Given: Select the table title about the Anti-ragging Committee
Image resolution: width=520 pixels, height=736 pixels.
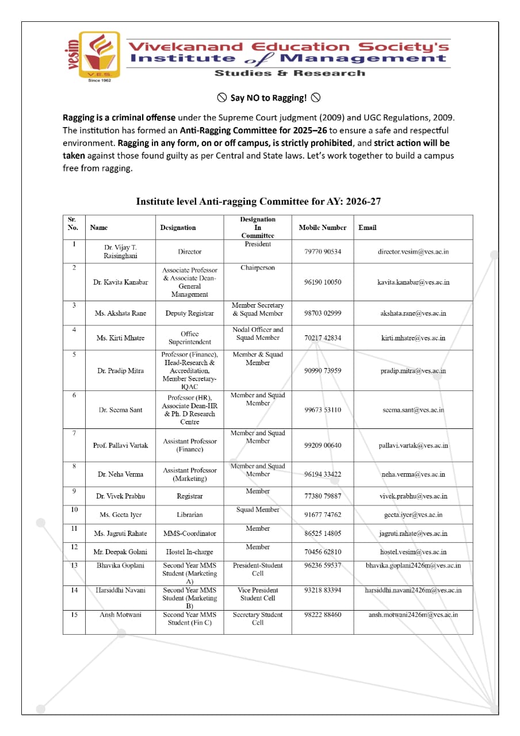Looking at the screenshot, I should point(258,201).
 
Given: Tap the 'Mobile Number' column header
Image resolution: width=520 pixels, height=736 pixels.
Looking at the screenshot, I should point(322,228).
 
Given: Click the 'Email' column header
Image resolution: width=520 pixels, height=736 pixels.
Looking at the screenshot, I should point(367,228).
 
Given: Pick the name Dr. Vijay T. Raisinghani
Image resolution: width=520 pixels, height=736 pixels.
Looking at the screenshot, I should point(120,251).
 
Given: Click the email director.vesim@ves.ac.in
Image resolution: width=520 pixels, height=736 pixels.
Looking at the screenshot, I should point(413,251).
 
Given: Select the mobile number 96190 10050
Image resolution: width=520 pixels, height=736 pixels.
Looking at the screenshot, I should point(322,282).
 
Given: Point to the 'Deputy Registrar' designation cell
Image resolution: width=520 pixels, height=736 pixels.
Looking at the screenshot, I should point(189,313).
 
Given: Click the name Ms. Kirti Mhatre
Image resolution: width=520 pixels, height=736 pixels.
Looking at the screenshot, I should point(120,338).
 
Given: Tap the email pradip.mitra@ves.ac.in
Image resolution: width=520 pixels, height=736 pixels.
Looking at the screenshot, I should point(413,371).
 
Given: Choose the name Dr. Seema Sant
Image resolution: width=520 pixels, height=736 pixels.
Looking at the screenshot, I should point(120,410).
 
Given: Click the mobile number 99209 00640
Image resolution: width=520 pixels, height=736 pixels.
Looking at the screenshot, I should point(322,446).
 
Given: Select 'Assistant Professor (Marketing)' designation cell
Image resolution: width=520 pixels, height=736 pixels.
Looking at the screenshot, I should point(189,474).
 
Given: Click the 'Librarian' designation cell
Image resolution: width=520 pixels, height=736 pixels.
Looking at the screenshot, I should point(189,515).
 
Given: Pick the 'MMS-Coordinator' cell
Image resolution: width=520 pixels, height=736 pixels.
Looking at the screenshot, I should point(189,534).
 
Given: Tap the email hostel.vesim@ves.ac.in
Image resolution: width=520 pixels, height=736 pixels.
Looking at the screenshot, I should point(413,552).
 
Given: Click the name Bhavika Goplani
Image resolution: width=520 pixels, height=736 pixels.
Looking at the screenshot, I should point(120,566).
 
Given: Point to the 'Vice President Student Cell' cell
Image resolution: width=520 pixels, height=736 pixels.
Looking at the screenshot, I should point(258,594).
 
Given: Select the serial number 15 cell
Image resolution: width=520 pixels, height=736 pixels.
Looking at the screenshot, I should point(74,615).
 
